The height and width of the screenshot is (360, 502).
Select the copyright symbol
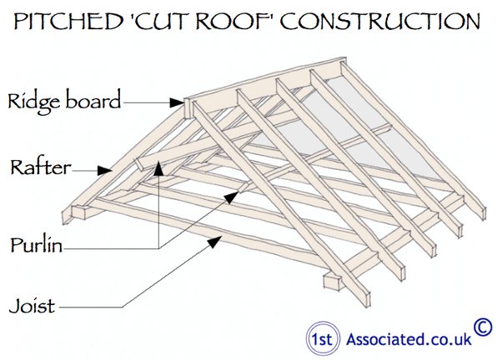[x=483, y=326]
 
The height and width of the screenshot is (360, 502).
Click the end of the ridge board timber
[x=188, y=109]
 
